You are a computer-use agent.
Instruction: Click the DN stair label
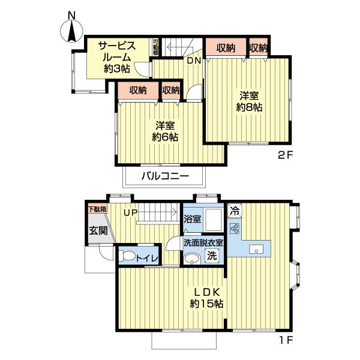(x=193, y=61)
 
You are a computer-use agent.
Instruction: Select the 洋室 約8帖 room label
(x=249, y=101)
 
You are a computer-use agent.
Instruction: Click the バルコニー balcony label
(x=165, y=176)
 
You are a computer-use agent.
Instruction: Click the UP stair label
(x=131, y=212)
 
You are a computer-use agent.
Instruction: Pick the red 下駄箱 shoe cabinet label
(x=97, y=209)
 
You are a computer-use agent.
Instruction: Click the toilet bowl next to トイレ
(x=127, y=256)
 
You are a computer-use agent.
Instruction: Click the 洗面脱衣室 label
(x=203, y=243)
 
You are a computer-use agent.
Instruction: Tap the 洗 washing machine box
(x=212, y=256)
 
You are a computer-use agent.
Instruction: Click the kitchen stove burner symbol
(x=235, y=229)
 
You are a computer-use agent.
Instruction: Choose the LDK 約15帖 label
(x=207, y=298)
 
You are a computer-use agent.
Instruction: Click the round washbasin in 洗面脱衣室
(x=191, y=259)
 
